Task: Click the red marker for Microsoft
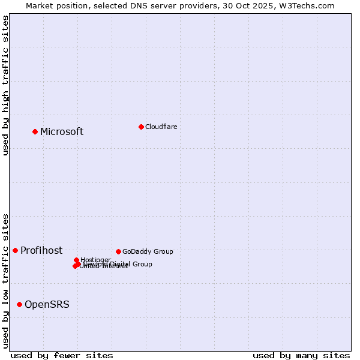coord(35,131)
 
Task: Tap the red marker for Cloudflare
coord(141,127)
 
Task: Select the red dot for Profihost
coord(15,250)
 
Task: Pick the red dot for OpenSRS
coord(19,304)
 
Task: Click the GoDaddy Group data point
coord(118,251)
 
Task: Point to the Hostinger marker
coord(76,260)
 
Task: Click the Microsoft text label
coord(62,132)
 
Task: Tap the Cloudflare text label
coord(161,127)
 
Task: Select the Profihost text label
coord(41,251)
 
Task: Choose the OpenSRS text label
coord(47,305)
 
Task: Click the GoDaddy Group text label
coord(148,251)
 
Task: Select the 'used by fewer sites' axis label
coord(62,355)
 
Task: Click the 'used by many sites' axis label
coord(301,355)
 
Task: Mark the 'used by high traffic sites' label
coord(5,86)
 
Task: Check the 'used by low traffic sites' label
coord(5,281)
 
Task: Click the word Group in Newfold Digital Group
coord(142,264)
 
